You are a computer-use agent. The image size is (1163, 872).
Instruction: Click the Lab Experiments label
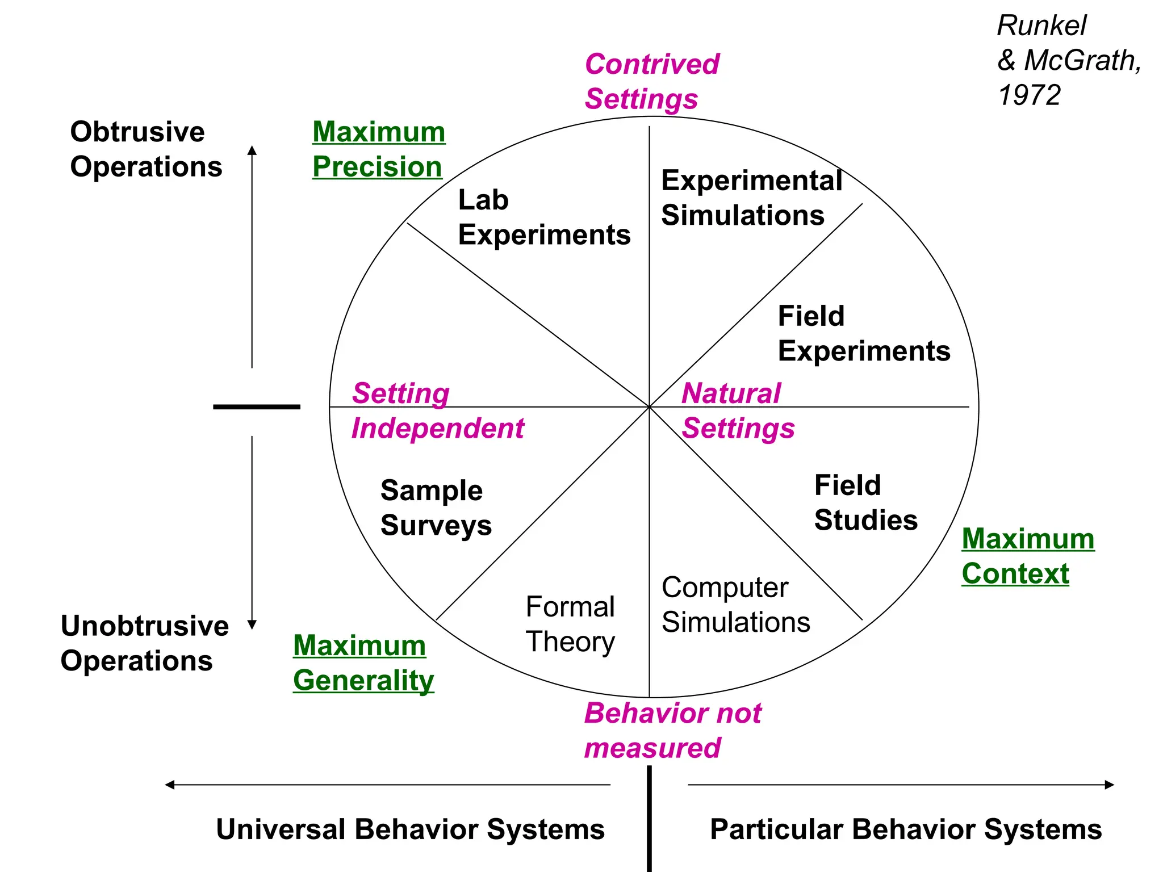[543, 217]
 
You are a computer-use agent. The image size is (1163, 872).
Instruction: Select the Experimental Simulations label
[751, 198]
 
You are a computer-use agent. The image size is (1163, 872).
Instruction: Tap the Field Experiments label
[863, 333]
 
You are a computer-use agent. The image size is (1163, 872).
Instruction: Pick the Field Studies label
[865, 503]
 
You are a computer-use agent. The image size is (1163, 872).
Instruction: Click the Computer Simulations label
[735, 605]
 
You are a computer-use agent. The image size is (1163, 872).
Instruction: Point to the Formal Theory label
[570, 624]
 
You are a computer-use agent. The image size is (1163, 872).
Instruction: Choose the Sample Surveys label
[436, 508]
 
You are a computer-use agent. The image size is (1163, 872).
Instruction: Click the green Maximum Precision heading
[378, 149]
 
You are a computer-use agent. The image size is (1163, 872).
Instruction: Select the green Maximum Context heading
[1027, 556]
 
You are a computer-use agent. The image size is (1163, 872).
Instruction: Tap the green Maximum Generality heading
[363, 663]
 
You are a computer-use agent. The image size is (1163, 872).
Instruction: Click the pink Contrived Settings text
[651, 81]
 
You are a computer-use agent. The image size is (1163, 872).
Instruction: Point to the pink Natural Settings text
[737, 410]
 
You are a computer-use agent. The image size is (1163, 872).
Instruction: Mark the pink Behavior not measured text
[672, 731]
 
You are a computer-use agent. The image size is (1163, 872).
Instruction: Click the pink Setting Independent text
[437, 410]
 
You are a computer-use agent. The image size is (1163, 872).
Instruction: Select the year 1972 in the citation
[1028, 95]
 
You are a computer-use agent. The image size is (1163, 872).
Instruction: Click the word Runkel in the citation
[1041, 26]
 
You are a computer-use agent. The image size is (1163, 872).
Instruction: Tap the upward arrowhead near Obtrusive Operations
[252, 150]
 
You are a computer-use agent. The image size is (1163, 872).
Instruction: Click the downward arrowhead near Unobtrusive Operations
[252, 624]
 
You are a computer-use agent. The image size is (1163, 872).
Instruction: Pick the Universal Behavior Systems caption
[410, 829]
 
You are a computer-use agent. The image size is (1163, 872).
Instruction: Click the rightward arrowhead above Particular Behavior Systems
[1109, 785]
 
